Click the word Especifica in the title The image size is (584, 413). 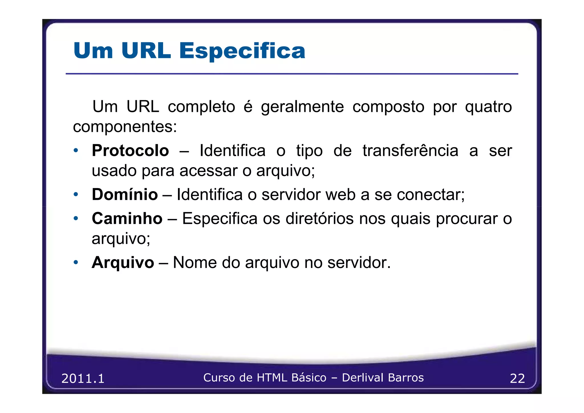pos(242,51)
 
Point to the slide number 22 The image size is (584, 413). pos(517,378)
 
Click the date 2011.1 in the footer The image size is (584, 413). pos(83,378)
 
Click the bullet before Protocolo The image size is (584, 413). pos(76,150)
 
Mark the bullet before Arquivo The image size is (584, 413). pos(76,262)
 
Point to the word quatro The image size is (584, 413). pos(488,107)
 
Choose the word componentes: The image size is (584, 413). pos(125,127)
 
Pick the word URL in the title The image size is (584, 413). pos(146,51)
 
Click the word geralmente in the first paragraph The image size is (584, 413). pos(302,107)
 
